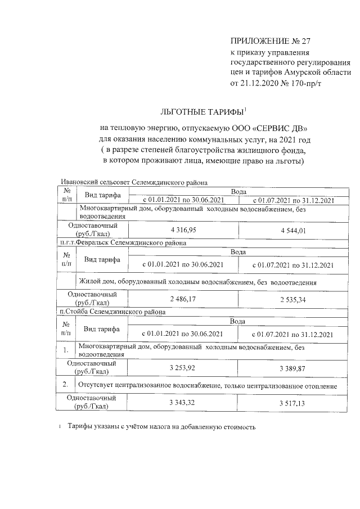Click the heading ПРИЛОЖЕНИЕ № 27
(270, 41)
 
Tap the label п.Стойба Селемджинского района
(112, 311)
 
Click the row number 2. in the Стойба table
(66, 385)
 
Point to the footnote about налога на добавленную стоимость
(162, 427)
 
